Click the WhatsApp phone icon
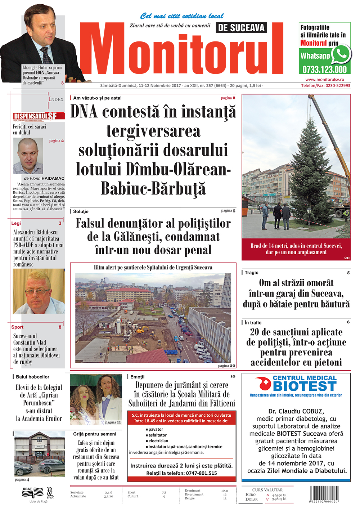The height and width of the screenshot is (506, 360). click(x=341, y=54)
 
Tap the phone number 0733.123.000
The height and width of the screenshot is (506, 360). click(x=324, y=70)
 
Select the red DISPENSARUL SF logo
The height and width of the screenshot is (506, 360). click(x=39, y=116)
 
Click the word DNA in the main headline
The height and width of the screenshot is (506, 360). click(x=84, y=111)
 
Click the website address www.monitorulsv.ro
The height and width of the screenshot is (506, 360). click(x=324, y=80)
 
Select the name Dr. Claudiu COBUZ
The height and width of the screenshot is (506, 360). click(x=296, y=411)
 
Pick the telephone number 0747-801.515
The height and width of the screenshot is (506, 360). click(x=201, y=473)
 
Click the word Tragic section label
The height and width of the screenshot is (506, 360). click(x=251, y=273)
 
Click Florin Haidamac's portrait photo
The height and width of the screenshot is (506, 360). click(x=28, y=156)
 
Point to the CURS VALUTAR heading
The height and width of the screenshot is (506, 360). click(x=267, y=490)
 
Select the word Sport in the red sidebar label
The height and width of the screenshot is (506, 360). click(x=17, y=327)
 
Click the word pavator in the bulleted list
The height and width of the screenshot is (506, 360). click(x=156, y=429)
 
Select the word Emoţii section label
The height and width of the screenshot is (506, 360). click(x=137, y=377)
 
